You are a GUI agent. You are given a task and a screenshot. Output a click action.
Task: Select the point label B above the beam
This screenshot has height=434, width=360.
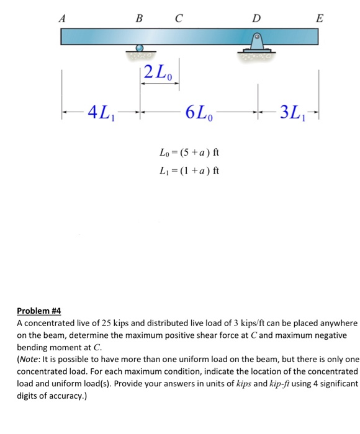[141, 18]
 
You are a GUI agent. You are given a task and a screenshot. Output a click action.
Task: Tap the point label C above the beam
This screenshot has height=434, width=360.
[179, 18]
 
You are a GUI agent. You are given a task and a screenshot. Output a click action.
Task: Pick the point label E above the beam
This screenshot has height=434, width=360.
[319, 18]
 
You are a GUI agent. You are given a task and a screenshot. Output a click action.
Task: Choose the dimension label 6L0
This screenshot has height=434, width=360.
[198, 113]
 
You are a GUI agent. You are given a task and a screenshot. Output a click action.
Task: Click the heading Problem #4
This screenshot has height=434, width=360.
[39, 311]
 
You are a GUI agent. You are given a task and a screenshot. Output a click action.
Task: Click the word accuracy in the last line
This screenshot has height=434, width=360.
[66, 395]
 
